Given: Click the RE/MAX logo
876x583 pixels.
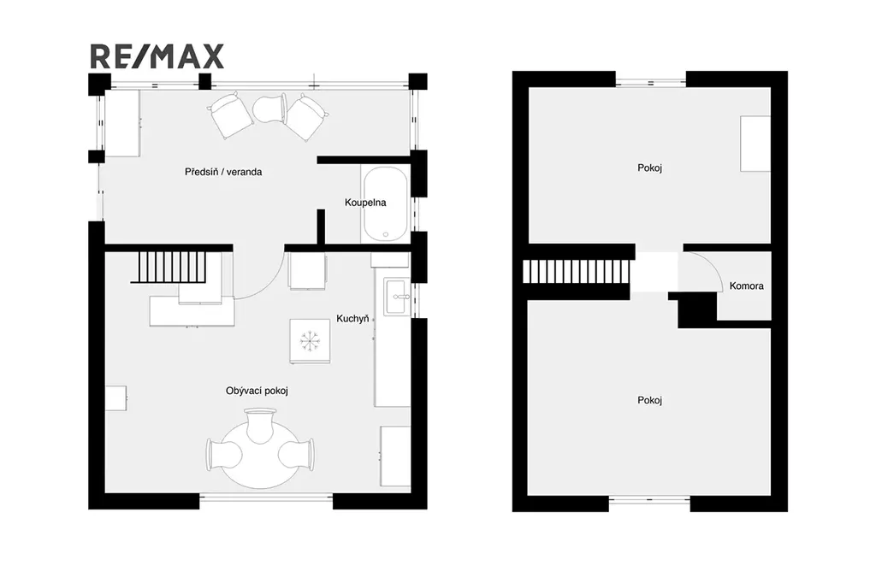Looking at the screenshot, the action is (157, 56).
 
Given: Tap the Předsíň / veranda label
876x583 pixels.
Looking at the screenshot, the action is (223, 172).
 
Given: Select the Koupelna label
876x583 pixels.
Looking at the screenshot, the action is (365, 203).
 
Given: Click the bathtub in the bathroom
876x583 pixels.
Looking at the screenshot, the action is (386, 203).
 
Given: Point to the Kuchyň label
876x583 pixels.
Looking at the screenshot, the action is (352, 319).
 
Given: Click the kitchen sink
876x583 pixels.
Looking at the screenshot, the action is (397, 297).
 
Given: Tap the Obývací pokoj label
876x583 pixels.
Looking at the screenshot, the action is (257, 391).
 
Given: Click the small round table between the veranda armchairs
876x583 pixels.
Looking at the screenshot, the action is (269, 109).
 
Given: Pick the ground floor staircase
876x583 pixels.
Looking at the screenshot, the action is (173, 267).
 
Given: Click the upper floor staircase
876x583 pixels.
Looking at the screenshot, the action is (576, 272).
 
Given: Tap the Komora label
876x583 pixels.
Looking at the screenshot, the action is (746, 286).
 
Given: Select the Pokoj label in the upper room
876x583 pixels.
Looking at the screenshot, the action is (650, 168).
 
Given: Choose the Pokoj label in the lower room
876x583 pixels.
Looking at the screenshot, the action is (650, 400).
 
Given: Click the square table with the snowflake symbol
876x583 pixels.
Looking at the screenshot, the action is (310, 341).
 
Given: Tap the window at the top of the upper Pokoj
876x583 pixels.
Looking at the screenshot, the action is (651, 83).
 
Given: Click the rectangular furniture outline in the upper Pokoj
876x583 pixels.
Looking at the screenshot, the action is (755, 144).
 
